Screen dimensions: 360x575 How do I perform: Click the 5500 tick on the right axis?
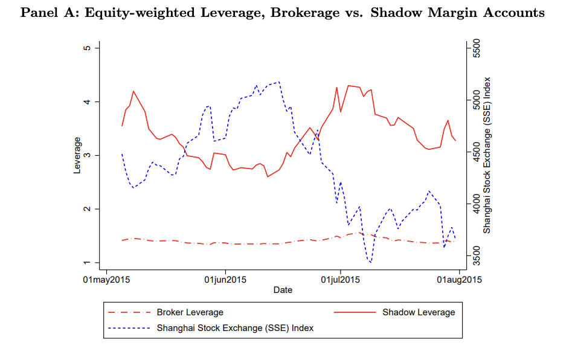coord(475,48)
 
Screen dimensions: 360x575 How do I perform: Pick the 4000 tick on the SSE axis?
coord(475,204)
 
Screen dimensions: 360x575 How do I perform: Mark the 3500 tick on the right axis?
coord(475,256)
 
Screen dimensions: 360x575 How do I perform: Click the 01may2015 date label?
coord(107,280)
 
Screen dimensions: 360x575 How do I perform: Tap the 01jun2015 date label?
coord(225,280)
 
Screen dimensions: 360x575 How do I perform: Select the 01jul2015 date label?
coord(340,280)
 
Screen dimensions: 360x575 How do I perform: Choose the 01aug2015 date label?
coord(458,280)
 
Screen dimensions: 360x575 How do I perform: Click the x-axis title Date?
coord(283,290)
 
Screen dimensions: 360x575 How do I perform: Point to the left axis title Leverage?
coord(77,155)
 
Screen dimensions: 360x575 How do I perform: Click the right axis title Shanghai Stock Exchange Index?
coord(487,155)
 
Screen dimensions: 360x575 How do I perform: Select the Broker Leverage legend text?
coord(190,312)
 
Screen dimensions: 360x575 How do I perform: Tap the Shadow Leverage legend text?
coord(418,312)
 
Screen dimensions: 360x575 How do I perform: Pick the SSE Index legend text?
coord(235,328)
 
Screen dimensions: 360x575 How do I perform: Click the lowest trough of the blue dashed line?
coord(370,262)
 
